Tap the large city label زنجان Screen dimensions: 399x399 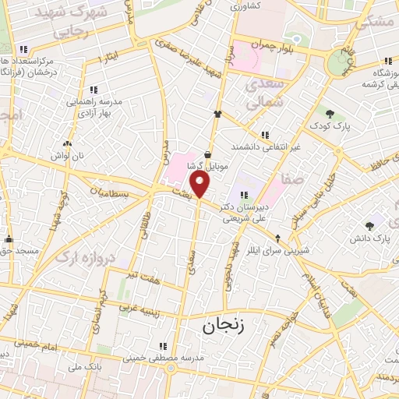pyautogui.click(x=224, y=325)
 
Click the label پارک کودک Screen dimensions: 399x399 pyautogui.click(x=337, y=125)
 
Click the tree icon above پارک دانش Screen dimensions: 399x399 pyautogui.click(x=369, y=226)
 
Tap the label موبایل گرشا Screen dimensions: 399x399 pyautogui.click(x=207, y=167)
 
